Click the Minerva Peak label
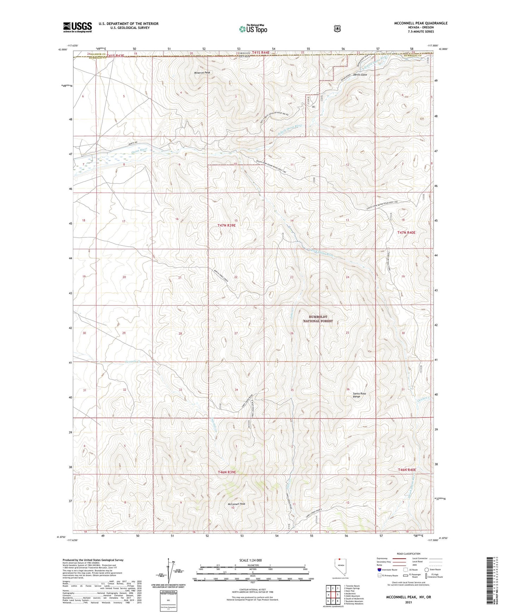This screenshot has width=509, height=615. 202,73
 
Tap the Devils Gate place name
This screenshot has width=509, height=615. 359,75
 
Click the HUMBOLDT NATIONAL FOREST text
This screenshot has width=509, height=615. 318,319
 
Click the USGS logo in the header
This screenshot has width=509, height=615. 77,27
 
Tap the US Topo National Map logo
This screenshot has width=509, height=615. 253,29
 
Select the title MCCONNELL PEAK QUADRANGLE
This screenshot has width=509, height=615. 421,23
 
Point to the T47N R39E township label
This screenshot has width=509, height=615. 226,225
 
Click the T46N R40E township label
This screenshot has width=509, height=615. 407,470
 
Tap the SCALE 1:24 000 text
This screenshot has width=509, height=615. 250,560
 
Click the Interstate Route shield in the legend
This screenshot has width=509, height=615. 379,570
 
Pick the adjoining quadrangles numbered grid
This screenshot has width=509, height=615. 333,595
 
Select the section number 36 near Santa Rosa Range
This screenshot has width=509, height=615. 348,389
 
